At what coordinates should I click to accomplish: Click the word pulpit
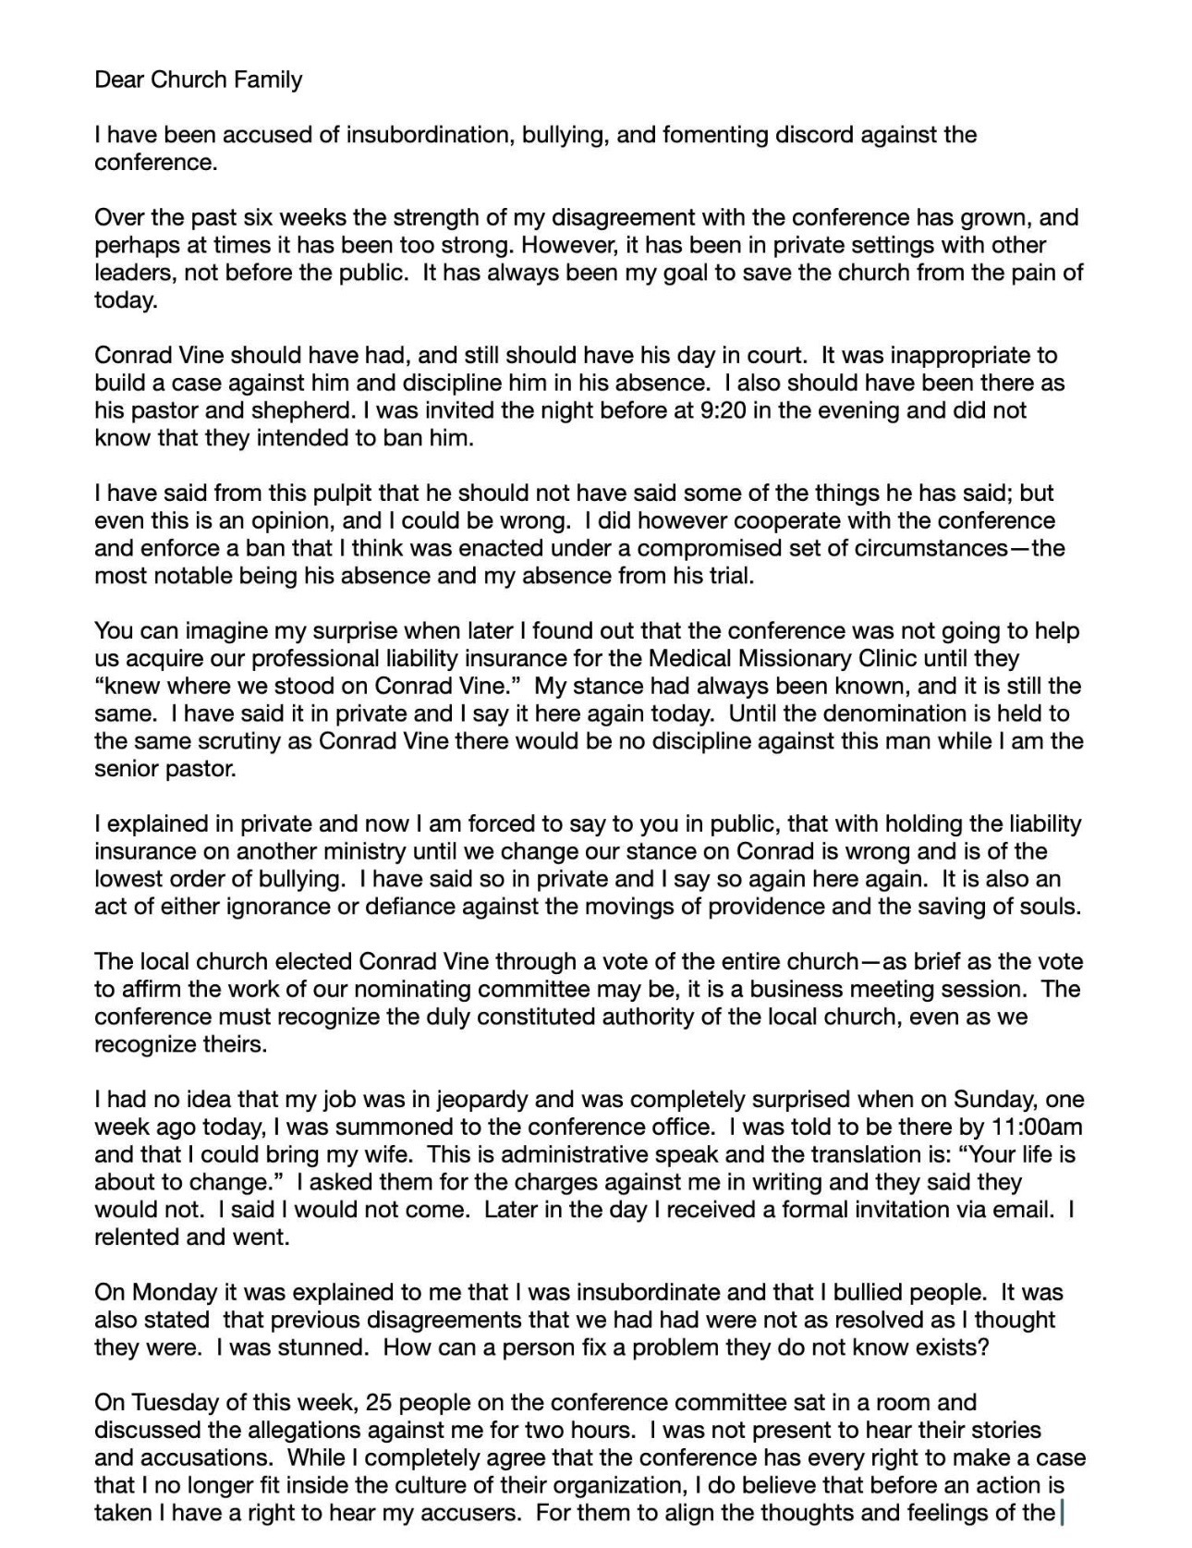[x=318, y=494]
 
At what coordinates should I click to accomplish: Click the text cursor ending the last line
[x=1063, y=1513]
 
